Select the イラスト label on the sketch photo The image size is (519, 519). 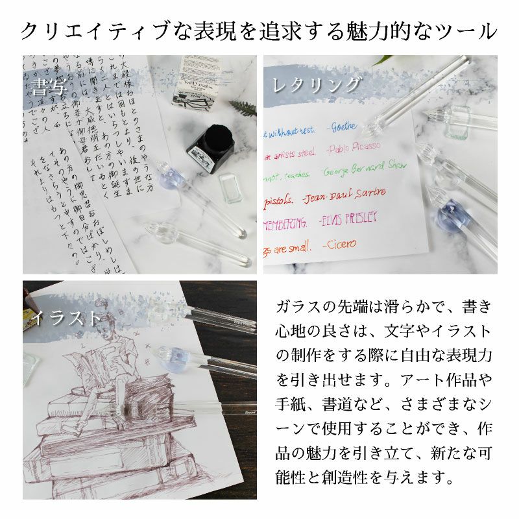click(69, 318)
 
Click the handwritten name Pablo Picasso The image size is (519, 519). click(354, 149)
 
